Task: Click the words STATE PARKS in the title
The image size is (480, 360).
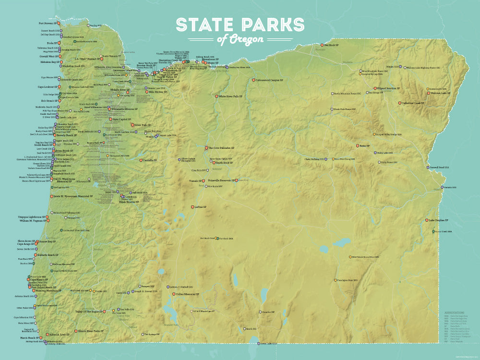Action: (x=240, y=25)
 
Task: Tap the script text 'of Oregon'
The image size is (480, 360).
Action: (x=240, y=39)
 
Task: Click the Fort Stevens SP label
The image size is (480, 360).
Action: (x=48, y=23)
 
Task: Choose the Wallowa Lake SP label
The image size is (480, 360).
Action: (x=441, y=93)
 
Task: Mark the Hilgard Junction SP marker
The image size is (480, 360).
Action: (x=375, y=89)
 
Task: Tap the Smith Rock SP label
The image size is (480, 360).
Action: (x=223, y=163)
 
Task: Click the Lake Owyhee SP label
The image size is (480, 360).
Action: (x=437, y=220)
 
